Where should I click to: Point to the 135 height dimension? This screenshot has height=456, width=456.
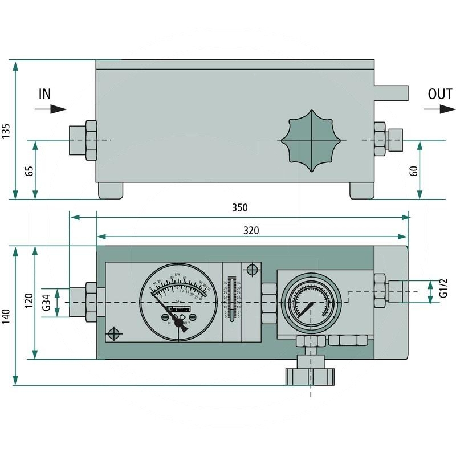[6, 130]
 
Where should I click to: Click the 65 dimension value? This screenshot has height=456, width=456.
[28, 170]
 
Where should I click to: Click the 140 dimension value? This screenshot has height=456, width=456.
[6, 316]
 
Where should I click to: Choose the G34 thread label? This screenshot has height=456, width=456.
[48, 302]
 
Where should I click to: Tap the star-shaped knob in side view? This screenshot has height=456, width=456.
[312, 140]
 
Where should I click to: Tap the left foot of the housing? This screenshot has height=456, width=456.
[111, 190]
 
